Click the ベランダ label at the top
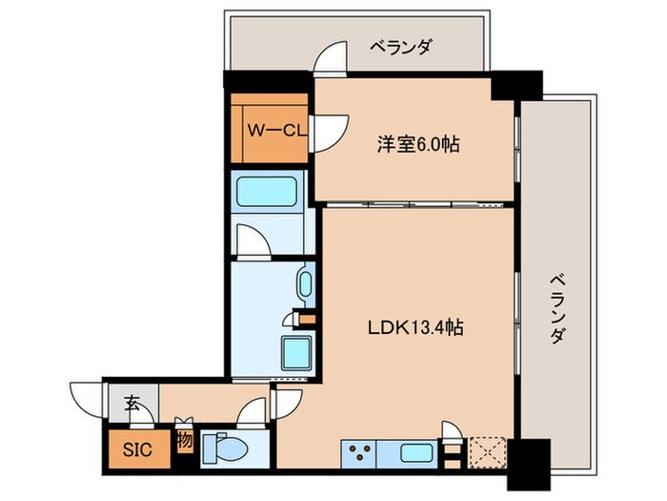pos(403,45)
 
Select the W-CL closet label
pos(276,130)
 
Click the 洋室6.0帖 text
pos(419,144)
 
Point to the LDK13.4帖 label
pos(416,327)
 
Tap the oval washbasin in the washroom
pos(305,284)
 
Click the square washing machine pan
pos(295,354)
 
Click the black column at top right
pos(517,88)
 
